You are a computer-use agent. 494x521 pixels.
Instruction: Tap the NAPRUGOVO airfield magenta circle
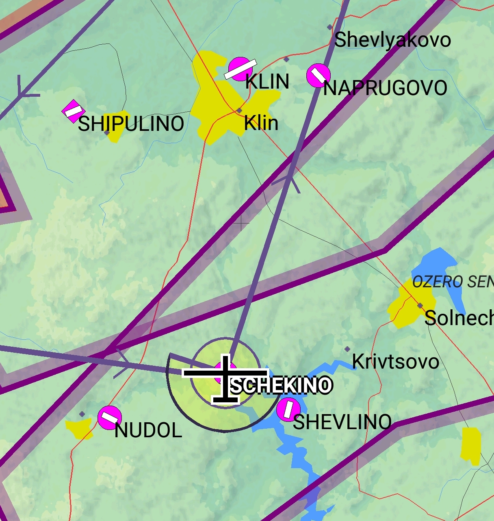[x=318, y=76]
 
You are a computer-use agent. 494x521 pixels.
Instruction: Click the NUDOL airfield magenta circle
[x=110, y=417]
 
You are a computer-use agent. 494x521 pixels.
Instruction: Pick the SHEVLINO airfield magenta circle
[x=288, y=409]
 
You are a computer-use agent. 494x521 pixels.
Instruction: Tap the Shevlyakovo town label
[x=392, y=40]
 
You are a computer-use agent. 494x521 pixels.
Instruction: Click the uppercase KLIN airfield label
[x=267, y=82]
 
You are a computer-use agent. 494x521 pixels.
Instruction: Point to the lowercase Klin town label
[x=261, y=123]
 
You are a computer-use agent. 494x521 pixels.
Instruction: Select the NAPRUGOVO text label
[x=385, y=88]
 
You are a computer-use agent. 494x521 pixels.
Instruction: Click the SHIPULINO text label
[x=131, y=124]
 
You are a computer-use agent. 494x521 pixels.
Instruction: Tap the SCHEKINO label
[x=281, y=386]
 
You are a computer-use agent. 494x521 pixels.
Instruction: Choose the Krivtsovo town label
[x=395, y=361]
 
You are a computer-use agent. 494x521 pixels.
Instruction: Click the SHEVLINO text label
[x=342, y=422]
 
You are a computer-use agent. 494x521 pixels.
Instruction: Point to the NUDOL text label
[x=148, y=430]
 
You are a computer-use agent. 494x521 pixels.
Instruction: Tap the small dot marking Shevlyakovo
[x=329, y=27]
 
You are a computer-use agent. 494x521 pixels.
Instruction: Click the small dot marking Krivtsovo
[x=347, y=349]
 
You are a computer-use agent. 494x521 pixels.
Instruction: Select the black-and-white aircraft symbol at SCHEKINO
[x=225, y=378]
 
